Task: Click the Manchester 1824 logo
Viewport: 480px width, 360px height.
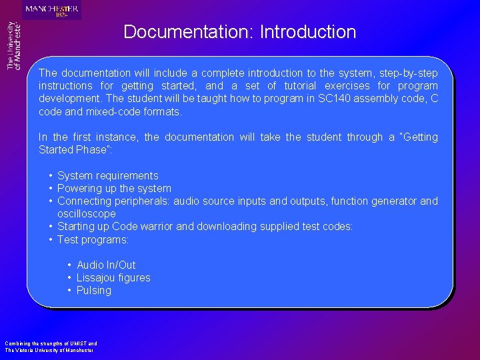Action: pos(51,10)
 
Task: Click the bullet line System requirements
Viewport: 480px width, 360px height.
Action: pos(108,176)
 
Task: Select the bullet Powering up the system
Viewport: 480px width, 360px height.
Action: pos(114,189)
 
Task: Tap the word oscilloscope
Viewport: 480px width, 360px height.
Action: pos(87,214)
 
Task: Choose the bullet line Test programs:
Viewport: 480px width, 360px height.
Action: pos(93,239)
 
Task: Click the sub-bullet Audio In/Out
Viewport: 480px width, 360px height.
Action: pos(106,265)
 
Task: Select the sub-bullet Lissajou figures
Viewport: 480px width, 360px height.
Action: pos(113,278)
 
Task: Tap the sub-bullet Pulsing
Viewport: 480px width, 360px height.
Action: pos(94,291)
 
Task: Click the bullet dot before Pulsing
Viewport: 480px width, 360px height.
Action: pos(69,291)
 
